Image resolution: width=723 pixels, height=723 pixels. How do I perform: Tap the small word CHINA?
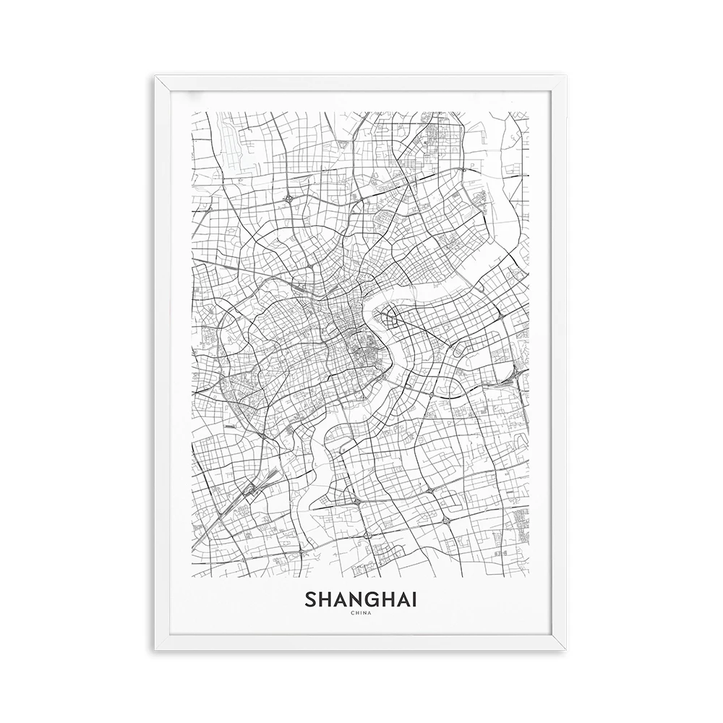[361, 615]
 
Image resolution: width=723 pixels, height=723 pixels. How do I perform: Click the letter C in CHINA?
[351, 615]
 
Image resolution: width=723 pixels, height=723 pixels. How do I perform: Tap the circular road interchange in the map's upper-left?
[289, 196]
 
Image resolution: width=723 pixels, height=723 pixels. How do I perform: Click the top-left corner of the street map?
[192, 111]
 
